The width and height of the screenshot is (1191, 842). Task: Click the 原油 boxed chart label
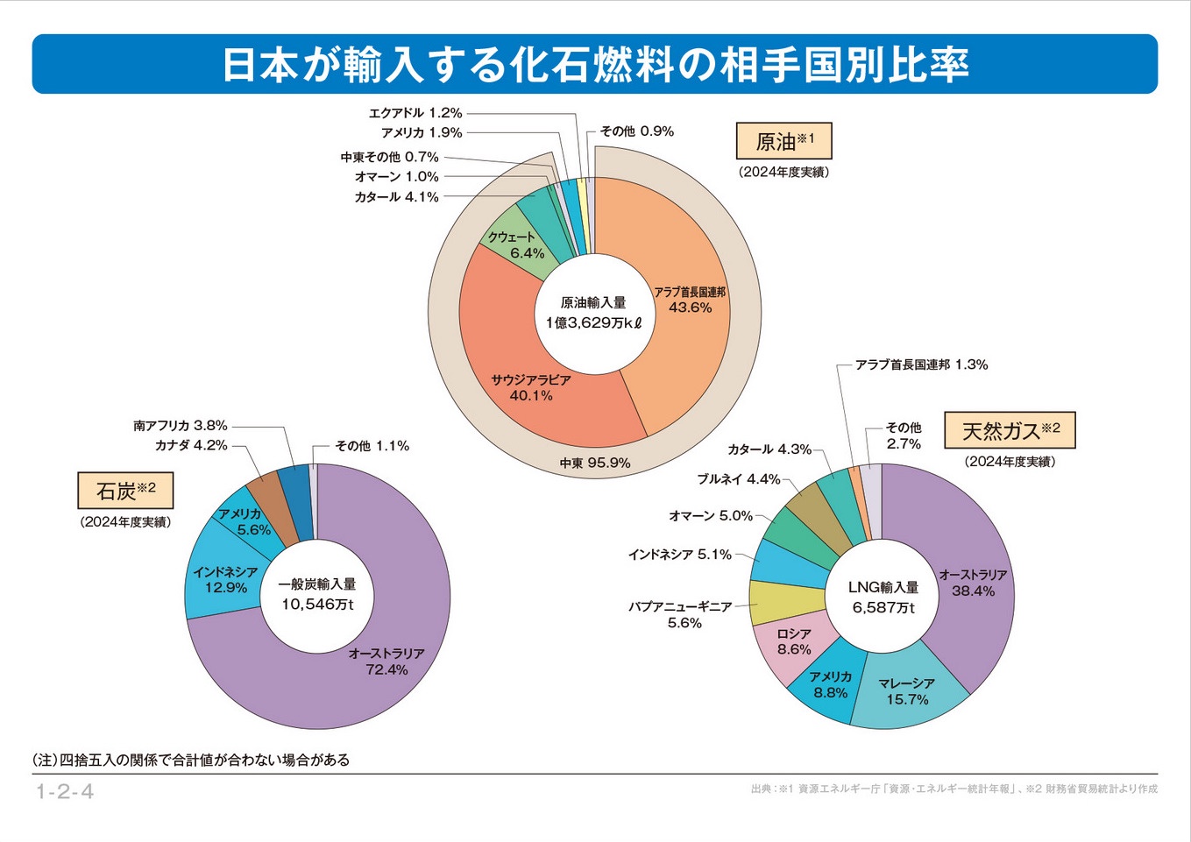coord(783,141)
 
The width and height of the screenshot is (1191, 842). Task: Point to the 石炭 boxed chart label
coord(124,491)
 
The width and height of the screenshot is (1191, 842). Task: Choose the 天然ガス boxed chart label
coord(1010,430)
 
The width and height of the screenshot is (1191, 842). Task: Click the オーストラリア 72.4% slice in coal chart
coord(386,662)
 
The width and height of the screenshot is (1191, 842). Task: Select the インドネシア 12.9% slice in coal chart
coord(225,580)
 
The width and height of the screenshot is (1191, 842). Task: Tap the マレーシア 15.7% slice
coord(907,691)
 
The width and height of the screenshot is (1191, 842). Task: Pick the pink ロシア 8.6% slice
coord(793,642)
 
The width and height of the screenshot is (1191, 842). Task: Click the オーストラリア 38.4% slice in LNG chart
coord(973,583)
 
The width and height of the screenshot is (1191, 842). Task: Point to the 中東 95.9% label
coord(595,463)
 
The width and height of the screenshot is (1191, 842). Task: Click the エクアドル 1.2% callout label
coord(415,113)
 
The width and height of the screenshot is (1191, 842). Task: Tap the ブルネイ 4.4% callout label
coord(738,479)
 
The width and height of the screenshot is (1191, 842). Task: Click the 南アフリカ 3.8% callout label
coord(181,426)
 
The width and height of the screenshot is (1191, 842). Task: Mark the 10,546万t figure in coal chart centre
coord(317,605)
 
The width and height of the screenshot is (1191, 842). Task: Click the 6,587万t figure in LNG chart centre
coord(883,607)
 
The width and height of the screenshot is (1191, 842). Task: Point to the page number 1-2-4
coord(65,792)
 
